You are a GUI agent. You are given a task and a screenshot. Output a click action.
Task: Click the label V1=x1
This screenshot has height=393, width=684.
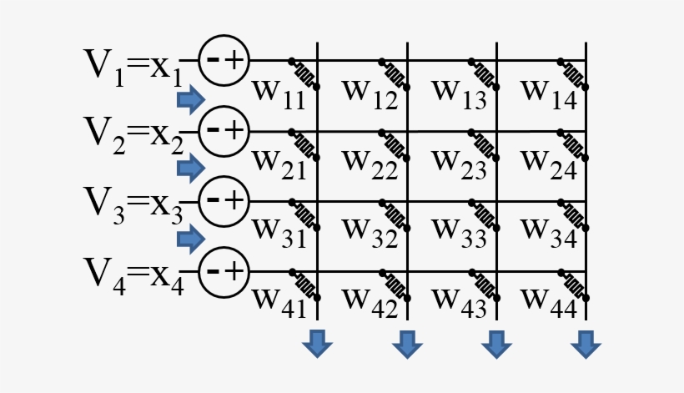click(x=132, y=67)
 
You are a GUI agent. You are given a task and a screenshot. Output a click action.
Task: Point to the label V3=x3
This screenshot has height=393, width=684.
click(x=132, y=205)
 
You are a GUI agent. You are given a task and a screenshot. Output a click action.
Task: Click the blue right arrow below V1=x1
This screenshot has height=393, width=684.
click(x=191, y=100)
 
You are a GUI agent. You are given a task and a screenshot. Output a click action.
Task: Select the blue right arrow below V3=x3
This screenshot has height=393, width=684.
click(x=191, y=240)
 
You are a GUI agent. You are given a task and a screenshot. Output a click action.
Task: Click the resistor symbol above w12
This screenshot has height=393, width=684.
click(x=394, y=73)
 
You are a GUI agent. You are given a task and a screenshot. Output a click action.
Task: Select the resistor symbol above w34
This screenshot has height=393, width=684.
click(x=575, y=214)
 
